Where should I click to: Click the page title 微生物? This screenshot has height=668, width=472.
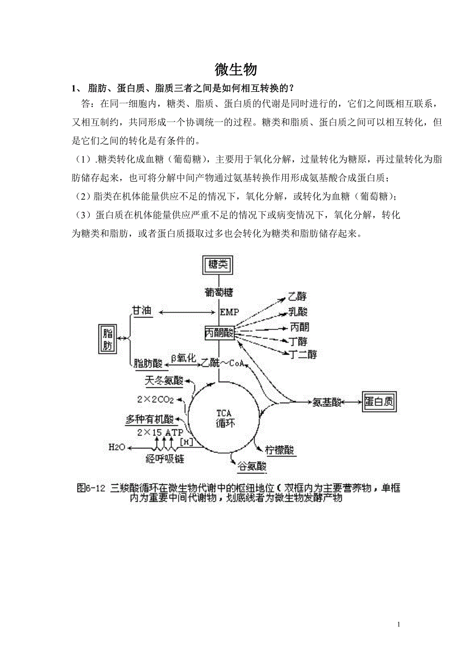[235, 70]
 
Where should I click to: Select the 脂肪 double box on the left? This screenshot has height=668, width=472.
[107, 338]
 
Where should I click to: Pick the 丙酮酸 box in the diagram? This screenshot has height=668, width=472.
[219, 332]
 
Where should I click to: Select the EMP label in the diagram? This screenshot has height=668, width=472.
[229, 312]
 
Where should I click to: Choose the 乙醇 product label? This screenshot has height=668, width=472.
[298, 296]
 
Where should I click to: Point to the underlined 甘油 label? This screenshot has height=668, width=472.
[142, 311]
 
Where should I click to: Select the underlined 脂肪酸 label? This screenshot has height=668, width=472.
[148, 364]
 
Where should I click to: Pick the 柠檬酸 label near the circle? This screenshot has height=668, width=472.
[280, 450]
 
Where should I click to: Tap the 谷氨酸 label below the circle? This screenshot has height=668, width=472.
[251, 466]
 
